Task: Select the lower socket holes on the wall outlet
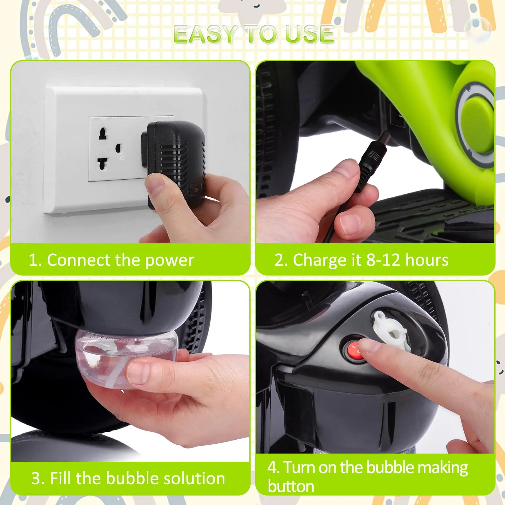[x=103, y=163]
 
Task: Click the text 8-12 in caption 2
[x=384, y=260]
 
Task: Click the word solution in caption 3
[x=194, y=478]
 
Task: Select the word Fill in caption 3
[x=61, y=478]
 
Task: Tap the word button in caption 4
[x=291, y=486]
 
